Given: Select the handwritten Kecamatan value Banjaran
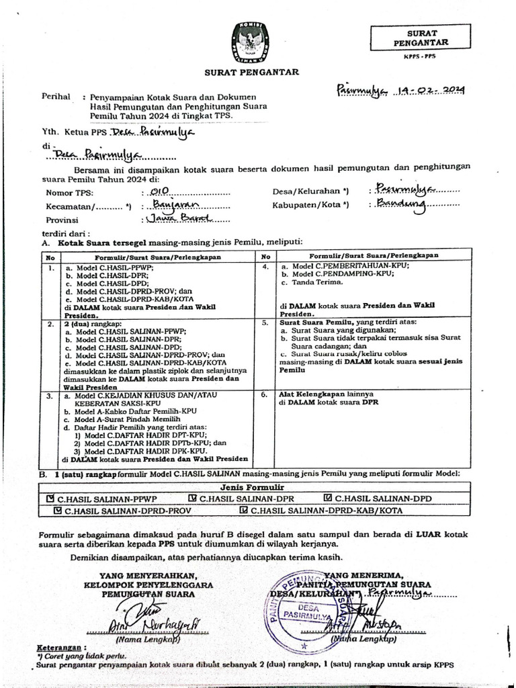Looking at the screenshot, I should click(174, 205).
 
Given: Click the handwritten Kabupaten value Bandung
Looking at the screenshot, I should click(402, 204).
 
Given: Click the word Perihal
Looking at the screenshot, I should click(56, 97).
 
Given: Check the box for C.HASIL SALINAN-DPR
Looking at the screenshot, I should click(192, 499).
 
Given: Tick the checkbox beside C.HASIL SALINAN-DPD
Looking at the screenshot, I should click(327, 499).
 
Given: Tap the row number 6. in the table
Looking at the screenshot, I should click(265, 395).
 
